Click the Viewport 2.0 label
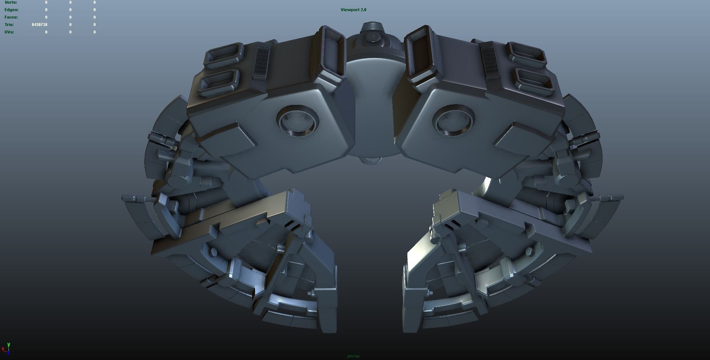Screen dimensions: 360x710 coord(353,10)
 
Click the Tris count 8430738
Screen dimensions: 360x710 coord(39,25)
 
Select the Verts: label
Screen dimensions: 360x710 coord(11,2)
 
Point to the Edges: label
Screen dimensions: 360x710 coord(11,10)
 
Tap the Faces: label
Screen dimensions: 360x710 coord(11,17)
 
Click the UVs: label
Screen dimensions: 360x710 coord(9,32)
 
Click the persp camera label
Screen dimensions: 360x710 coord(353,356)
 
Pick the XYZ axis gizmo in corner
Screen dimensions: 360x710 coord(6,348)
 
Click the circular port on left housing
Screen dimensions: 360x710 coord(298,121)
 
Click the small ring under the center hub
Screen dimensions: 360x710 coord(371,161)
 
